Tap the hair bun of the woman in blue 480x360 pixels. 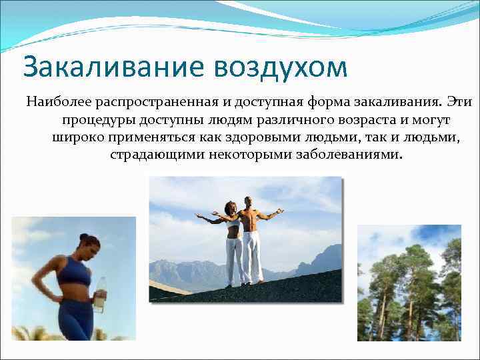83,236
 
